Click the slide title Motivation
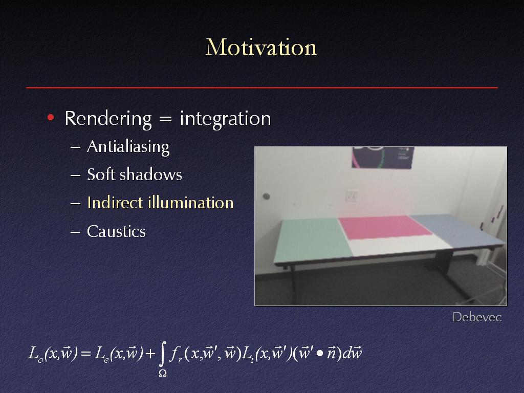tap(261, 47)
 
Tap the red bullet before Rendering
tap(51, 117)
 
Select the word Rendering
tap(108, 119)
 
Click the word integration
tap(225, 119)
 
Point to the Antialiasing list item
tap(128, 147)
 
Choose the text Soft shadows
tap(135, 174)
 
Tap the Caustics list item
tap(116, 231)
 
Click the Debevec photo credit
tap(477, 317)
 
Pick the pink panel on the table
tap(384, 227)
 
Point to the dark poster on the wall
tap(383, 157)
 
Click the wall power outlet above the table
tap(351, 195)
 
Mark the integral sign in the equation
tap(162, 354)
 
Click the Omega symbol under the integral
tap(162, 373)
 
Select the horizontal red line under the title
tap(262, 88)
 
